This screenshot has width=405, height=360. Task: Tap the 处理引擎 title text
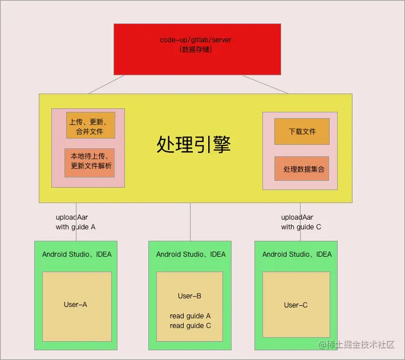pos(193,145)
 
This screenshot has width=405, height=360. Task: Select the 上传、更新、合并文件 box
pos(91,126)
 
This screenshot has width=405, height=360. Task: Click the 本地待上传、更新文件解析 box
pos(90,162)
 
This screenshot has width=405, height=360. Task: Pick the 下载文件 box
pos(302,131)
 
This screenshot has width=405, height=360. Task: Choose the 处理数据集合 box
pos(302,169)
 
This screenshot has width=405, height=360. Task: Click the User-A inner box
pos(76,305)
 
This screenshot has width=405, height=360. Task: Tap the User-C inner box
pos(296,305)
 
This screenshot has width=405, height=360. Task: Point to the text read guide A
pos(190,316)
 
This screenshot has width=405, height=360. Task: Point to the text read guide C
pos(190,326)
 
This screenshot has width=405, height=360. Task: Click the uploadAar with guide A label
pos(75,222)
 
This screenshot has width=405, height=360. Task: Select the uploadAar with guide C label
pos(301,222)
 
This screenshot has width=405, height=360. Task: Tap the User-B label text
pos(189,296)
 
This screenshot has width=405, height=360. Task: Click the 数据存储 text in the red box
pos(197,50)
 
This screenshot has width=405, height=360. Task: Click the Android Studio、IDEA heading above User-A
pos(76,254)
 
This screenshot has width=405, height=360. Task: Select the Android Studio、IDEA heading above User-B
pos(191,254)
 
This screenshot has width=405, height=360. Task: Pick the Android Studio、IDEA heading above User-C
pos(297,254)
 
